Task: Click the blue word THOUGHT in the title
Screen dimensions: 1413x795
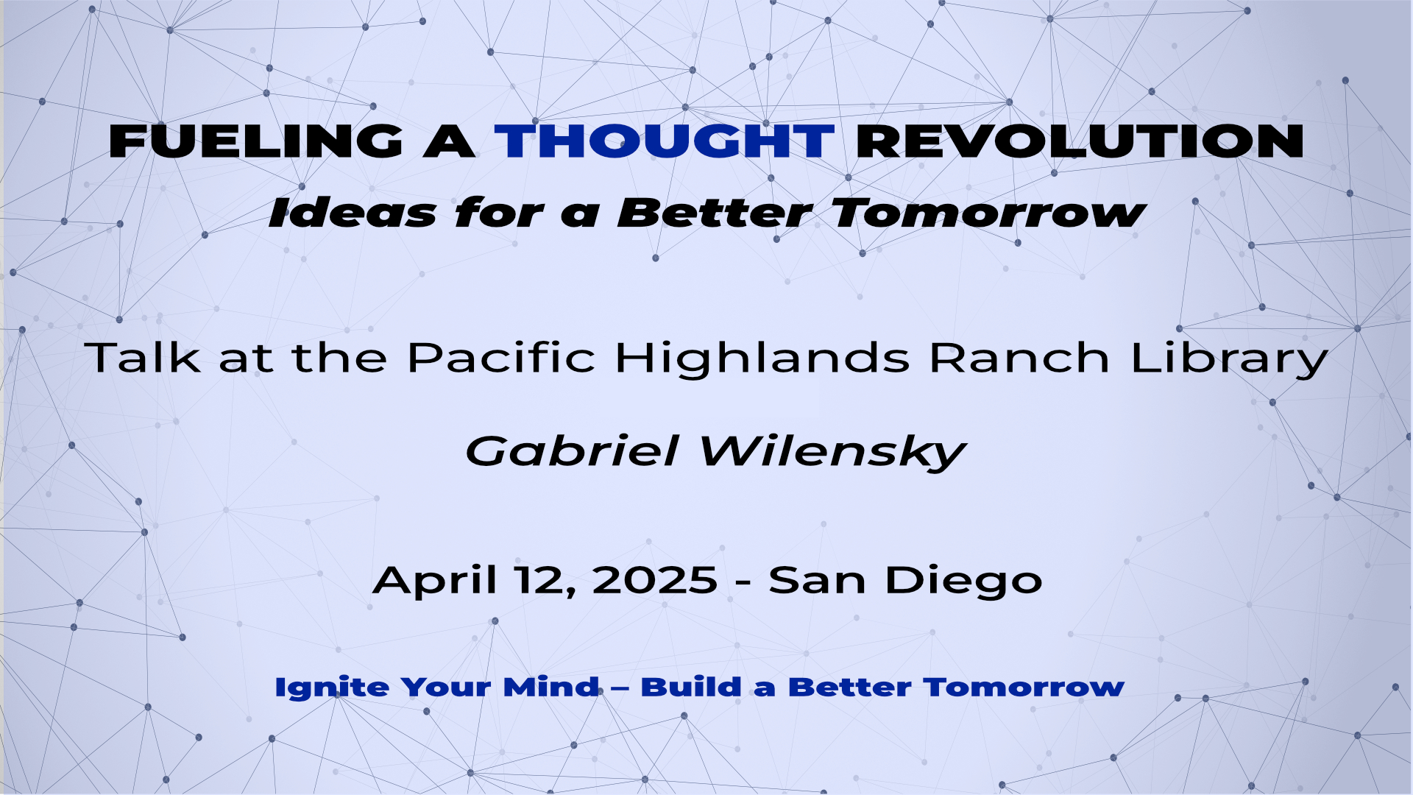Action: coord(665,141)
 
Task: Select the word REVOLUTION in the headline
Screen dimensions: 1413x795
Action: coord(1080,141)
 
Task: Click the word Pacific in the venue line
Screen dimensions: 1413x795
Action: coord(501,358)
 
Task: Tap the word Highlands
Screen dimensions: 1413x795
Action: coord(762,359)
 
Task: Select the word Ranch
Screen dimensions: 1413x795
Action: coord(1020,358)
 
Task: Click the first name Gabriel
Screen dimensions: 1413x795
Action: coord(572,451)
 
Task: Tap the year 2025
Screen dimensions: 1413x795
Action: coord(654,580)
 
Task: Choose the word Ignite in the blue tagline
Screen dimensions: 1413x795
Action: coord(332,688)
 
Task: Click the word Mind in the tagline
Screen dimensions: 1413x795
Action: coord(551,687)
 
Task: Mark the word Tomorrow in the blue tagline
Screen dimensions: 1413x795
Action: coord(1024,687)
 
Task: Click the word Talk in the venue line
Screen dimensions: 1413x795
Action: coord(143,358)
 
